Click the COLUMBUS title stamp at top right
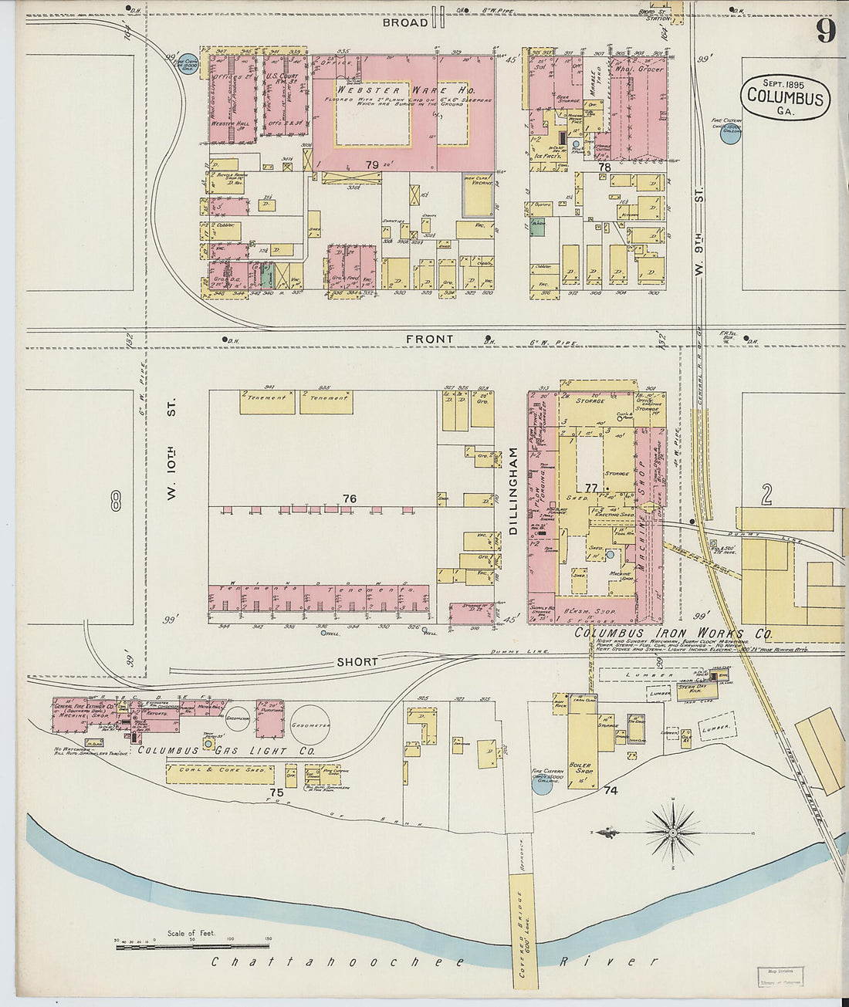[x=785, y=97]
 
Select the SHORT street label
[x=357, y=662]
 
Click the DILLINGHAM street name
[x=512, y=492]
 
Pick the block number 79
[x=373, y=164]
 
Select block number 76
[x=350, y=499]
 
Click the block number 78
[x=604, y=167]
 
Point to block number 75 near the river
[x=277, y=792]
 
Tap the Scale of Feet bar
[x=193, y=944]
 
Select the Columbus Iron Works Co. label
[x=673, y=634]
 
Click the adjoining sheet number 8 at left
[x=116, y=502]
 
